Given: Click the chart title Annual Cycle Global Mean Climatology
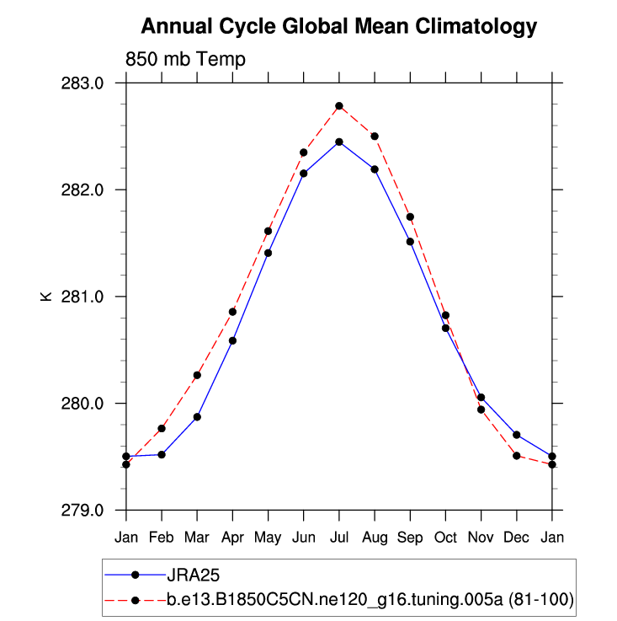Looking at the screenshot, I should coord(338,27).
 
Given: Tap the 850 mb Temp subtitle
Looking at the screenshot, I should coord(185,59).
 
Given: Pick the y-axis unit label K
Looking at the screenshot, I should coord(47,297).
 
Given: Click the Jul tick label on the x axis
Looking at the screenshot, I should coord(339,537).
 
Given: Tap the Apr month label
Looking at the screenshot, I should coord(232,537).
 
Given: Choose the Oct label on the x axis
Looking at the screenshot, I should coord(445,537).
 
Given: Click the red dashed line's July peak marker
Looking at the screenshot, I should coord(339,106).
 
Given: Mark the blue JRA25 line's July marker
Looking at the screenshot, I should coord(339,142).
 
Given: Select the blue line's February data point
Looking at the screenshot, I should coord(162,454).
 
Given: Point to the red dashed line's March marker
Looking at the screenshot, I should coord(197,375).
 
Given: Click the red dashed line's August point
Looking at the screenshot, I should coord(375,136).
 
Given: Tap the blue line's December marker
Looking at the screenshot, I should coord(517,435).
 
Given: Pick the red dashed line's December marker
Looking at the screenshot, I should coord(517,456).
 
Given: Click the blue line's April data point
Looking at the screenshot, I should coord(232,340).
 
